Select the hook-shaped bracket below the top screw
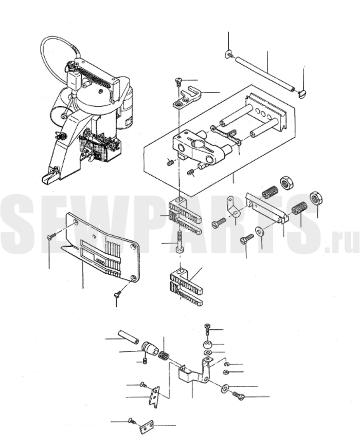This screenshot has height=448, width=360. pos(187,98)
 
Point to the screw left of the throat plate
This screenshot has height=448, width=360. pos(50,236)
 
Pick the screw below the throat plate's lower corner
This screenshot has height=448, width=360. pos(117,294)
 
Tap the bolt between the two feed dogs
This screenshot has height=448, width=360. pos(179,241)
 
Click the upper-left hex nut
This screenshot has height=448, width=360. pos(285,182)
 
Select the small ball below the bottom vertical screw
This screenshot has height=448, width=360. pos(208,344)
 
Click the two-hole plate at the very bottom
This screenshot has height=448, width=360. pos(147,427)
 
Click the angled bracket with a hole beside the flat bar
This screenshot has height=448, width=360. pos(233,207)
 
